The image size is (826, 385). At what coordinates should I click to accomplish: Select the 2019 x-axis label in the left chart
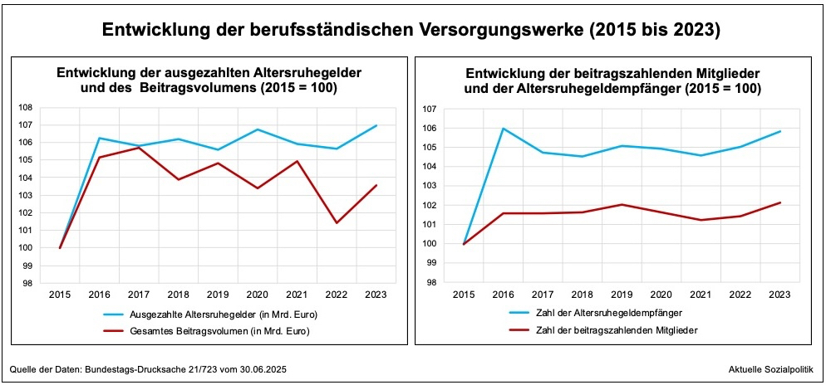pyautogui.click(x=218, y=294)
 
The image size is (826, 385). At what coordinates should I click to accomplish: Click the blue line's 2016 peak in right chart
pyautogui.click(x=503, y=129)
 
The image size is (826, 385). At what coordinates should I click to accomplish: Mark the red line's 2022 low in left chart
pyautogui.click(x=337, y=222)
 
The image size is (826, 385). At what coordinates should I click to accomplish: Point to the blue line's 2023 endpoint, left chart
pyautogui.click(x=376, y=125)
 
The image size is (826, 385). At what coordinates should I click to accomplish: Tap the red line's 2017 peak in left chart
pyautogui.click(x=139, y=147)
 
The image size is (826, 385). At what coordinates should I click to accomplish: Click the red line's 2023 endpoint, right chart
pyautogui.click(x=779, y=202)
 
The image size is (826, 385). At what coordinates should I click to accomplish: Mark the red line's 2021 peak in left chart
pyautogui.click(x=297, y=161)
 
